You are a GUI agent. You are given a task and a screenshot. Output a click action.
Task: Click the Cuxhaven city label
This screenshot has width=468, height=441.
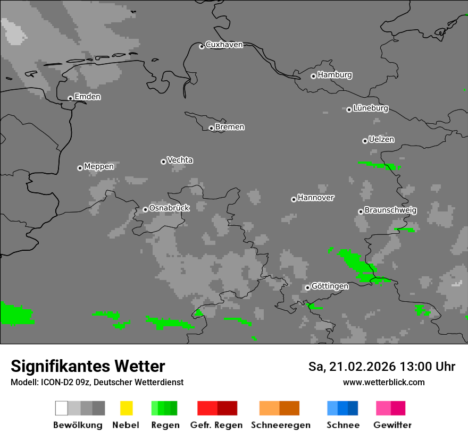click(224, 45)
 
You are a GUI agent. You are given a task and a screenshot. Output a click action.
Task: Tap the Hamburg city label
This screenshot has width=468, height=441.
click(335, 75)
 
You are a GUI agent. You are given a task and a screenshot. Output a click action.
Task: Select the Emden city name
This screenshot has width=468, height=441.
click(87, 97)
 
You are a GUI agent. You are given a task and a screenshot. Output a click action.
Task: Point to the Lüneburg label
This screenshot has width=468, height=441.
click(370, 108)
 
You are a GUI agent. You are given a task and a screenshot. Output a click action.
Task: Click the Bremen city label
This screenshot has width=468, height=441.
click(230, 127)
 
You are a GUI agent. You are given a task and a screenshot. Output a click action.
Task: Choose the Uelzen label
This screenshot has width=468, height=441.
click(381, 140)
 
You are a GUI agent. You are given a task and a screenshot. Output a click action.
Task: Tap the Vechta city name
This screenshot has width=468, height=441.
click(180, 160)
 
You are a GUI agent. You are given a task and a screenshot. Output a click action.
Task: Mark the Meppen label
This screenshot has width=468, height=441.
click(99, 167)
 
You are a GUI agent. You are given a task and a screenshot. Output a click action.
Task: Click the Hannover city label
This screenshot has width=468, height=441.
click(316, 198)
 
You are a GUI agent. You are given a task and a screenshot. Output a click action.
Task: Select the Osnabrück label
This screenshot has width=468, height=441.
click(169, 208)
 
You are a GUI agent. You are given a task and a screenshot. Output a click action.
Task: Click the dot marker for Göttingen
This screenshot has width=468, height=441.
click(307, 287)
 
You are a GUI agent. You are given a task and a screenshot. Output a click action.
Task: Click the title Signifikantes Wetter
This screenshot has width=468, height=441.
click(88, 366)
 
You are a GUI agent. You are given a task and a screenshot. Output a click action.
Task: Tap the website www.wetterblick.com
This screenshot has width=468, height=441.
click(383, 382)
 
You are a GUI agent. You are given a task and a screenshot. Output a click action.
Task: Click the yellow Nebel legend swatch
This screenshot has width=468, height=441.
click(126, 408)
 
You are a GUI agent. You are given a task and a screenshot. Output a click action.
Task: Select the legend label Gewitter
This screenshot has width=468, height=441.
click(392, 425)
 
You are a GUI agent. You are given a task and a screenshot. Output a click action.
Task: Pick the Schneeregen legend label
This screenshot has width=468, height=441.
click(281, 425)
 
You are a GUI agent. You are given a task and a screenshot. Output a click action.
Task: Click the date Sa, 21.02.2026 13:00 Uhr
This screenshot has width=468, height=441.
click(381, 367)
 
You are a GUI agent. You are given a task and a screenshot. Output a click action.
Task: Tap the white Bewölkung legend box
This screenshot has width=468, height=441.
click(61, 408)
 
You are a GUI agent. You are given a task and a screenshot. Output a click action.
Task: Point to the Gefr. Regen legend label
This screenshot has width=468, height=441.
click(216, 425)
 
